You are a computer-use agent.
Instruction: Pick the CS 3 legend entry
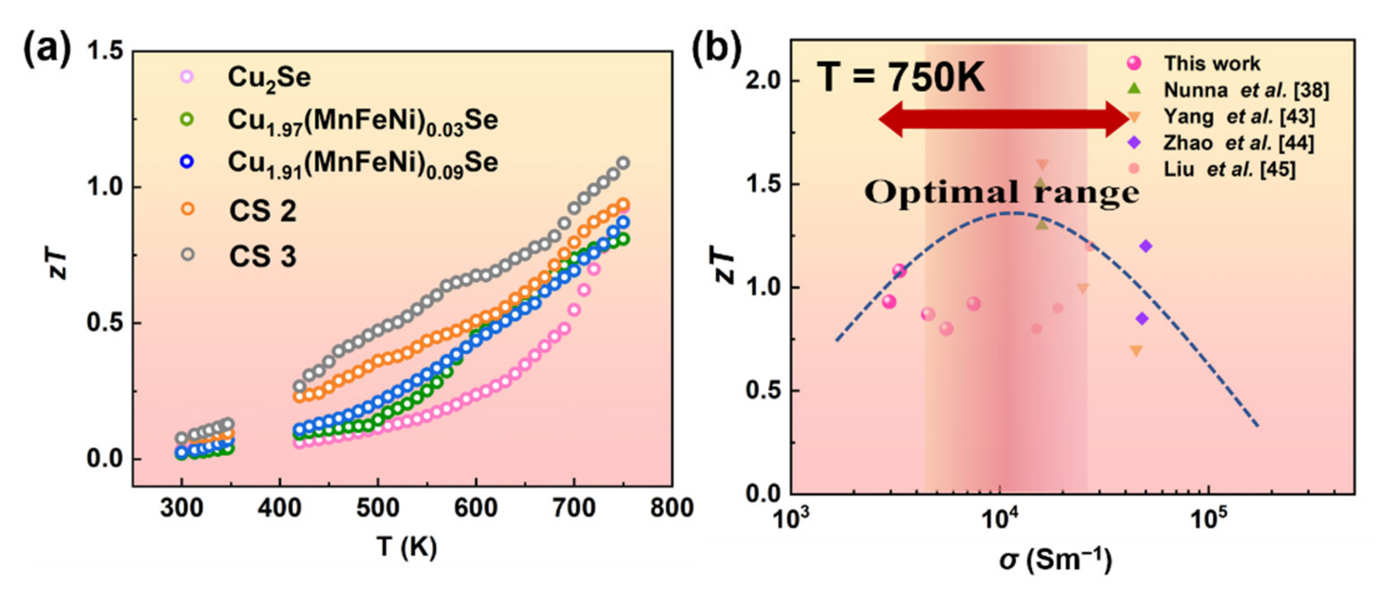(262, 256)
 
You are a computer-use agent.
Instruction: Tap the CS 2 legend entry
(262, 211)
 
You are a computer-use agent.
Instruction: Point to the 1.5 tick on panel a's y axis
(105, 52)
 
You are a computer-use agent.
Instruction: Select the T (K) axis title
(406, 547)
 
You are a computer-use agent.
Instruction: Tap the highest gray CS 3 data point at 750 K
(623, 163)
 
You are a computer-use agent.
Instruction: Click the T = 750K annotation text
(901, 78)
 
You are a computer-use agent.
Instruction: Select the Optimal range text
(1001, 193)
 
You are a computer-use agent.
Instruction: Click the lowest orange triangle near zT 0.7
(1136, 351)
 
